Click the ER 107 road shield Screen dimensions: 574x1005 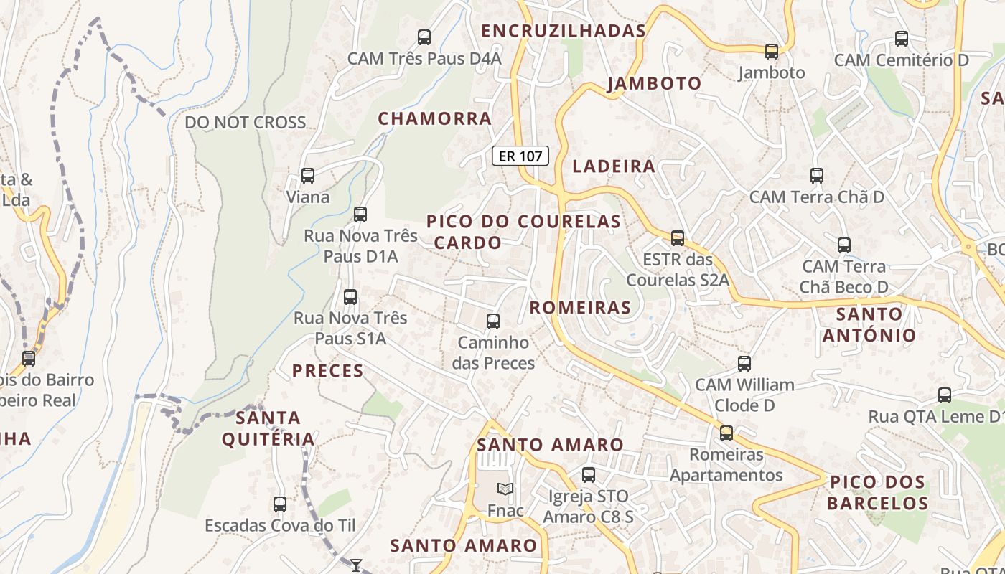[520, 156]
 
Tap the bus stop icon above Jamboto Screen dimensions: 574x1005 [772, 52]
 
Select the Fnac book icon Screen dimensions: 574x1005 [505, 489]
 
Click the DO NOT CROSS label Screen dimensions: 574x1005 [246, 122]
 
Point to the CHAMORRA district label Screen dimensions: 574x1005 [435, 118]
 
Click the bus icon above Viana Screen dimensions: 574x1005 [308, 175]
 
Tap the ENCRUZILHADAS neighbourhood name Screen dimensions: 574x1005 [564, 31]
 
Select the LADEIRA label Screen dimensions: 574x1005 [614, 166]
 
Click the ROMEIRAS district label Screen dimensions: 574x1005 [580, 308]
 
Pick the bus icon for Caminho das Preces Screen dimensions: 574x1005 [493, 321]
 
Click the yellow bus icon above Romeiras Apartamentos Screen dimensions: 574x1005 [726, 433]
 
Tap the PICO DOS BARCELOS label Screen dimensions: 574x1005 [877, 492]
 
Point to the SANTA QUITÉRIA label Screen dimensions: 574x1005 [268, 428]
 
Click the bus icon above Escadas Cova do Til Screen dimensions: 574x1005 [280, 504]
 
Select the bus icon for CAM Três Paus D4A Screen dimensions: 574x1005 [424, 37]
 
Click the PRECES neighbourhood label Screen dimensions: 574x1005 [327, 371]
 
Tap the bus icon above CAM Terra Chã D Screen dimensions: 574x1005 [817, 175]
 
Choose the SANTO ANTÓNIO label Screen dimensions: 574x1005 [869, 324]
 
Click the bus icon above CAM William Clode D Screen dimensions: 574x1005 [744, 363]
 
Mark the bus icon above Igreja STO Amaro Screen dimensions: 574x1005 [589, 474]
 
